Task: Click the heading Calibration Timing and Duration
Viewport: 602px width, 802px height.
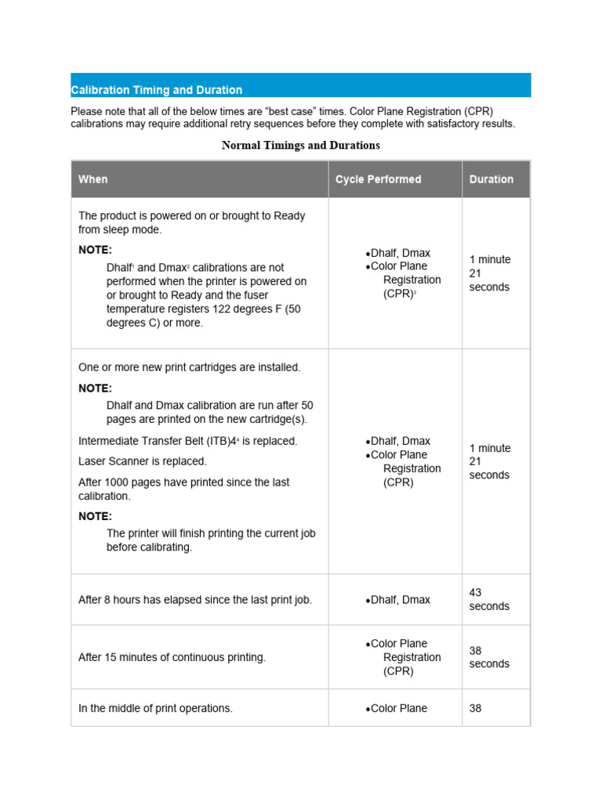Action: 156,90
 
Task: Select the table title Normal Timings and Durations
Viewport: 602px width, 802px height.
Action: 300,145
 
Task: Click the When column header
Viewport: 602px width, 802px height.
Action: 93,179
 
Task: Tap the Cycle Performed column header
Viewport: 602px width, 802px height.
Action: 378,179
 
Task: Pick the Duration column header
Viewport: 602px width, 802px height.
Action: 491,179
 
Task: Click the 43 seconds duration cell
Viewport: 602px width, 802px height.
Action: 489,600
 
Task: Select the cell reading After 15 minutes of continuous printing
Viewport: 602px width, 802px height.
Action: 172,657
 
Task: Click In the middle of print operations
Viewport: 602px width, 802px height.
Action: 155,708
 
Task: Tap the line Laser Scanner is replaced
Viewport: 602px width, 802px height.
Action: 143,461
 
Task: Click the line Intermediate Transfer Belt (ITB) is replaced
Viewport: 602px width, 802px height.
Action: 187,441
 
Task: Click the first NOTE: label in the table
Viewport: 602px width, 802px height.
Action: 95,250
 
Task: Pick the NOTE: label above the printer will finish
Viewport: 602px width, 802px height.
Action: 95,516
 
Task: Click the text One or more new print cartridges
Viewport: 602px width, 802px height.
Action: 189,367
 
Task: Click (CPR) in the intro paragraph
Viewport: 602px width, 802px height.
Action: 479,111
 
